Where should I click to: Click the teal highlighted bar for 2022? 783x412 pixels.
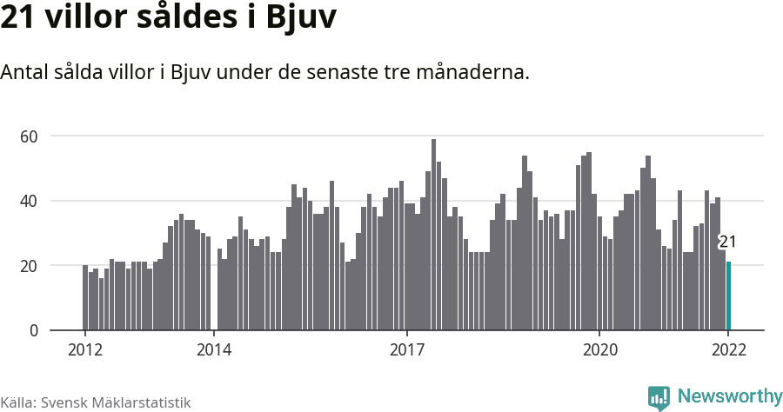click(x=728, y=296)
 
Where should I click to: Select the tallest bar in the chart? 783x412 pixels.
click(x=433, y=235)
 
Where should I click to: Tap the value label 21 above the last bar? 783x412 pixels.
click(x=727, y=243)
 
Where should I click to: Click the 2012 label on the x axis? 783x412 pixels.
click(x=84, y=350)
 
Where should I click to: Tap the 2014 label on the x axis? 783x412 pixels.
click(x=213, y=350)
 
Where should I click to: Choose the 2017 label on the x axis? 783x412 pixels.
click(x=406, y=350)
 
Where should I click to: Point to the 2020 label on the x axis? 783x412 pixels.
click(x=599, y=350)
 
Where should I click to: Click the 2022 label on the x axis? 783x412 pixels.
click(x=728, y=350)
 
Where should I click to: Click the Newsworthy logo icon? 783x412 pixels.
click(x=659, y=397)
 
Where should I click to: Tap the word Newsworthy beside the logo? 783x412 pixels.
click(x=729, y=396)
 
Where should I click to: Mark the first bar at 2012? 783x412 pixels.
click(x=85, y=298)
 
